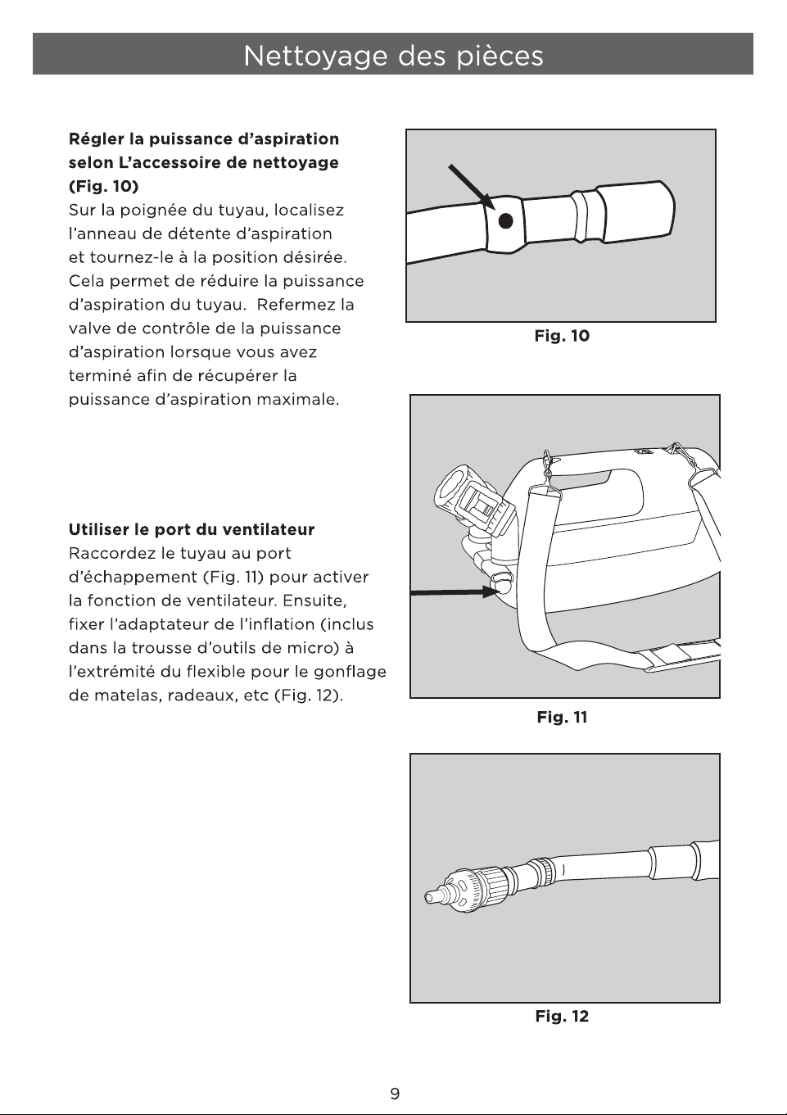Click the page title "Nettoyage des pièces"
click(393, 55)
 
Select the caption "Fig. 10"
click(562, 336)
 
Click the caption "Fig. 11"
click(562, 718)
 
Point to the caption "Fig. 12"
click(562, 1016)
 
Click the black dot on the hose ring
click(505, 221)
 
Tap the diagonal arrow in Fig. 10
click(472, 187)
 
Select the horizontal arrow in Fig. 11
click(454, 591)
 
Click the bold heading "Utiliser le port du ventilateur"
click(192, 529)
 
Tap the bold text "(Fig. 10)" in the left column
click(103, 186)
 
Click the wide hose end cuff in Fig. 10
click(635, 211)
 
